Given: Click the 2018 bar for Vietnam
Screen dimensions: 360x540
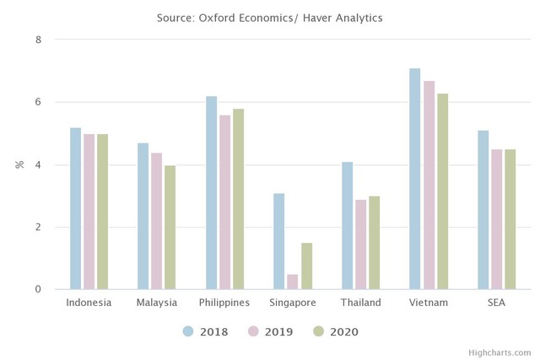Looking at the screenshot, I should tap(414, 179).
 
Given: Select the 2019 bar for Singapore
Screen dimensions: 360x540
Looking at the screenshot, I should tap(293, 282).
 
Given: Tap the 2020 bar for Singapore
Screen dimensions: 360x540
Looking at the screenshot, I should tap(306, 266).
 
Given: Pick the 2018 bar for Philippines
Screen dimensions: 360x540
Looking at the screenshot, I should tap(211, 193).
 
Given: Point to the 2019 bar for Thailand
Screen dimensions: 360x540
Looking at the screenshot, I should tap(360, 244).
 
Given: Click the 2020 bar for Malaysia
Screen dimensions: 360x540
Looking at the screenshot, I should tap(170, 228).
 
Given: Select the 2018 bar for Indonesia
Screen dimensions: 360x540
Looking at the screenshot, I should tap(76, 208).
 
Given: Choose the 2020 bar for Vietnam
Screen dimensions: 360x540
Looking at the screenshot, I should tap(442, 191).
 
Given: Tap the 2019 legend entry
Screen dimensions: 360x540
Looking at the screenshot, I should tap(269, 331).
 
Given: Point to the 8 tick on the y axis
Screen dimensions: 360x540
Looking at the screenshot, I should tap(37, 40).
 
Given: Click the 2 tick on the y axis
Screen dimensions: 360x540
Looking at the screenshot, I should tap(37, 227).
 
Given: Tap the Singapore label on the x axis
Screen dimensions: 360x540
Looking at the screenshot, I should tap(293, 303).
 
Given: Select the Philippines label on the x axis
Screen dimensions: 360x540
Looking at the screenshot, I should tap(224, 303).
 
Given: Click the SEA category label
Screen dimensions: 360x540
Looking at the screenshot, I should tap(496, 303).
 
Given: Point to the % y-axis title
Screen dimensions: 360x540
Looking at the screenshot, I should tap(19, 164).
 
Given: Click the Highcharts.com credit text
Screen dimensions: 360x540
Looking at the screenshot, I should tap(501, 352).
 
